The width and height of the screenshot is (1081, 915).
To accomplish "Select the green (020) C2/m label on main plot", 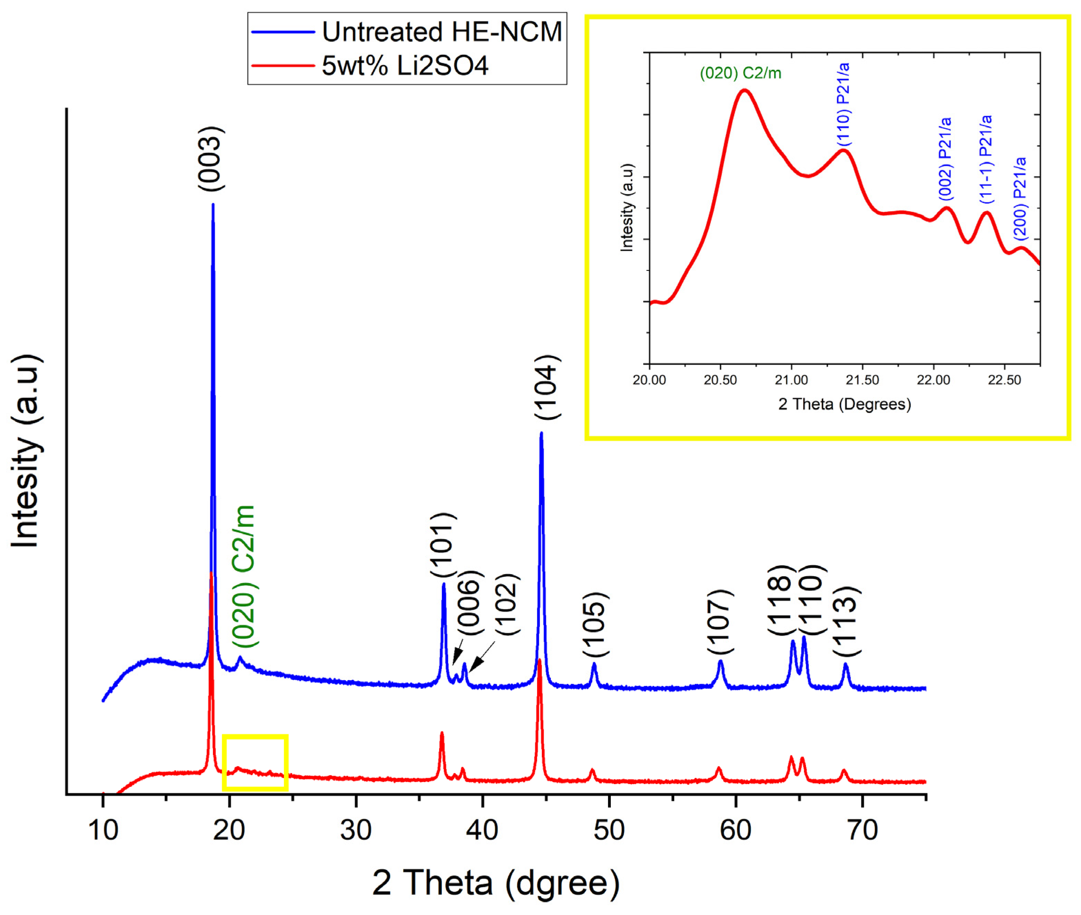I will click(244, 576).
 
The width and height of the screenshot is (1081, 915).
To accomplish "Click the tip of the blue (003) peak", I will click(213, 205).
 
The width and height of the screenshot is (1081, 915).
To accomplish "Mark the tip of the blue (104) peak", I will click(542, 434).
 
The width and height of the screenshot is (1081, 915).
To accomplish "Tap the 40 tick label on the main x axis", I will click(482, 830).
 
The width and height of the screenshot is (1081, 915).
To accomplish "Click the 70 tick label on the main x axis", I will click(862, 830).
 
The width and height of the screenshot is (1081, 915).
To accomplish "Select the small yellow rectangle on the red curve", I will click(255, 762).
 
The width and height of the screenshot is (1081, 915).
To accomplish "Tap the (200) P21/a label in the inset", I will click(1020, 199).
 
